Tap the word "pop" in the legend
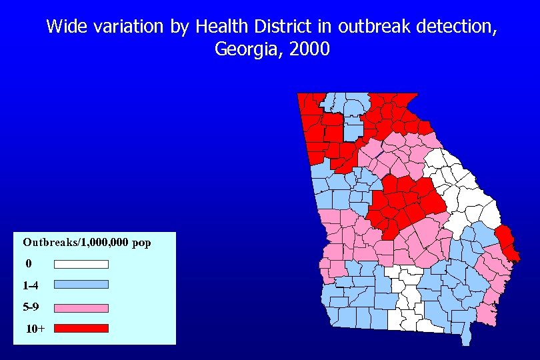click(142, 243)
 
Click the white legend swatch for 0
click(81, 264)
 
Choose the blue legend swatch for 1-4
click(81, 285)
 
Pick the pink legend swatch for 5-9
click(81, 308)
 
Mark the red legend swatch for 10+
click(81, 328)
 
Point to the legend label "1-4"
click(30, 285)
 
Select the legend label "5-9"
click(31, 308)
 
